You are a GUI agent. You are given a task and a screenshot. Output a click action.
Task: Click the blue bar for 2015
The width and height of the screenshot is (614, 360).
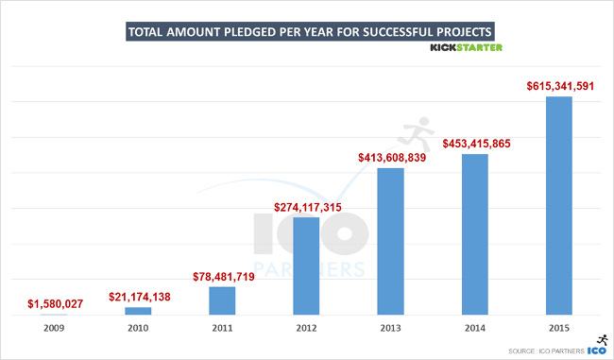pos(559,205)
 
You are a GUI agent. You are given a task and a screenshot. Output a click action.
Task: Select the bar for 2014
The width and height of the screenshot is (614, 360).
pos(475,233)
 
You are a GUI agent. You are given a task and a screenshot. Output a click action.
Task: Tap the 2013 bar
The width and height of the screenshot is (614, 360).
pos(391,241)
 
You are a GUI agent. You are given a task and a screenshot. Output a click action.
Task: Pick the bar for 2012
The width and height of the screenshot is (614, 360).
pos(306,266)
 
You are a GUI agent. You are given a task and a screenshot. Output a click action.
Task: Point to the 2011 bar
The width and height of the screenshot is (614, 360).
pos(222,300)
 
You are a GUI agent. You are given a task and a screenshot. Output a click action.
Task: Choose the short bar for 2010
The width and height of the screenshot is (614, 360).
pos(138,311)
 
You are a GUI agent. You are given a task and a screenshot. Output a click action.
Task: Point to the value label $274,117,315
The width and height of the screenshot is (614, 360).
pos(306,206)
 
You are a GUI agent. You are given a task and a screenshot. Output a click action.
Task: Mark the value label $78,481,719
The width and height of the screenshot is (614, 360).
pos(222,275)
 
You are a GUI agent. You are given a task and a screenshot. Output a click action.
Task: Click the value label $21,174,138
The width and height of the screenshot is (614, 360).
pos(138,297)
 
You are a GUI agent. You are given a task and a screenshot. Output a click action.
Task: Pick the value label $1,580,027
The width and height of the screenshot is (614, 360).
pos(54,303)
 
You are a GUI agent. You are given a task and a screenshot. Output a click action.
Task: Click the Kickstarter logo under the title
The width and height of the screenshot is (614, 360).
pos(467,47)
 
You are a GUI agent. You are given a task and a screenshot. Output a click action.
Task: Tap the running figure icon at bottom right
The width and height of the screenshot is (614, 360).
pos(601,338)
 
